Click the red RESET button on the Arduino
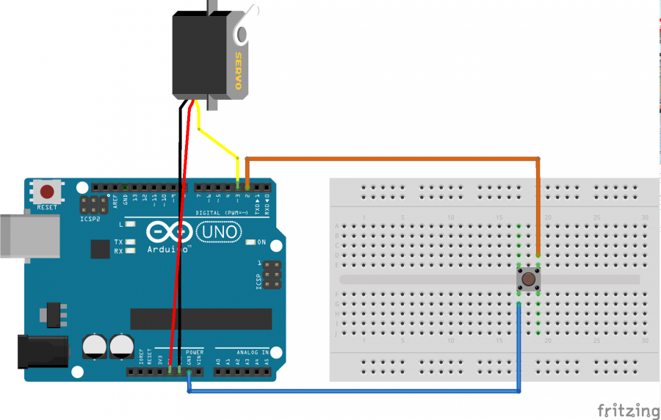[x=47, y=192]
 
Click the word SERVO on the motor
[x=238, y=70]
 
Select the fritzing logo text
[x=627, y=409]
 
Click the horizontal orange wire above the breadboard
[x=389, y=159]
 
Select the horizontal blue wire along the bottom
[x=353, y=391]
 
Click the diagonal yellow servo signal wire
[x=218, y=144]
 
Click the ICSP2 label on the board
[x=89, y=219]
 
